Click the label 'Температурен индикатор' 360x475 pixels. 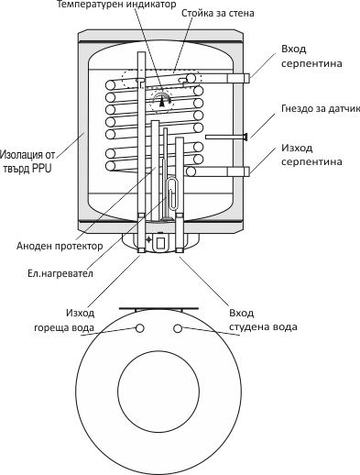[116, 5]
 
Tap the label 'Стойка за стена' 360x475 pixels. [218, 14]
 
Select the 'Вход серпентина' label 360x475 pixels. [311, 56]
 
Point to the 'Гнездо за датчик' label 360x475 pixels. [321, 108]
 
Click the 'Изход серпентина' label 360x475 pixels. [311, 155]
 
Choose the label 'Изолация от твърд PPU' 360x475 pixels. [27, 161]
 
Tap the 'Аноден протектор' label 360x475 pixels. [60, 246]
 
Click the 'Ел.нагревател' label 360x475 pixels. [60, 273]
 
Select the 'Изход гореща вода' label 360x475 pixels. [64, 320]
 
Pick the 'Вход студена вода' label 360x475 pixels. [263, 320]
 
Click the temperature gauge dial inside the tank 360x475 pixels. [161, 100]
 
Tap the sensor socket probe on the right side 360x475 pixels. [226, 137]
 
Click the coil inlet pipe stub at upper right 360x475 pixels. [239, 78]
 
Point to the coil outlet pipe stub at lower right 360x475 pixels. [239, 171]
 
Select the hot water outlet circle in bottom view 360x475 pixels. [139, 328]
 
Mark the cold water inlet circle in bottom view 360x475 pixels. [178, 328]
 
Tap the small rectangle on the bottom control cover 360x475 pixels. [160, 243]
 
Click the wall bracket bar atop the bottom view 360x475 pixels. [158, 309]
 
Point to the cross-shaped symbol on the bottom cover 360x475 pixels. [148, 239]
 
